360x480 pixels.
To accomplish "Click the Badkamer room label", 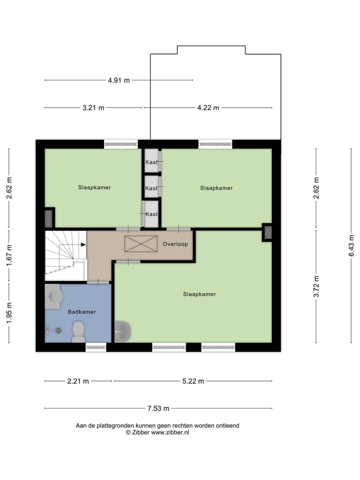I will pos(81,311).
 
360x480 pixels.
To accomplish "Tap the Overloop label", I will pos(175,244).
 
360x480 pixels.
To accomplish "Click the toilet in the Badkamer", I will pos(78,331).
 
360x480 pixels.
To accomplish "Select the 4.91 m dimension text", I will pos(118,80).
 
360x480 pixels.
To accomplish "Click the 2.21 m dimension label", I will pos(78,381).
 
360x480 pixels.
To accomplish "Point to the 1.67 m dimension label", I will pos(9,256).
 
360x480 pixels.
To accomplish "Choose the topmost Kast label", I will pos(151,162).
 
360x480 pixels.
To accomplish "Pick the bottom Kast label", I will pos(151,214).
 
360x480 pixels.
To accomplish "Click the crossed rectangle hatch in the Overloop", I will pos(140,244).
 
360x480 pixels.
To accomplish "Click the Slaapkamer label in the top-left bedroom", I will pos(94,187).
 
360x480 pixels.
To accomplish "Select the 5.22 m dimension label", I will pos(193,381).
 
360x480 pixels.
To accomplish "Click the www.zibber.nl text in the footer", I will pos(170,432).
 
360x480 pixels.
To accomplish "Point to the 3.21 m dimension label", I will pos(93,107).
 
